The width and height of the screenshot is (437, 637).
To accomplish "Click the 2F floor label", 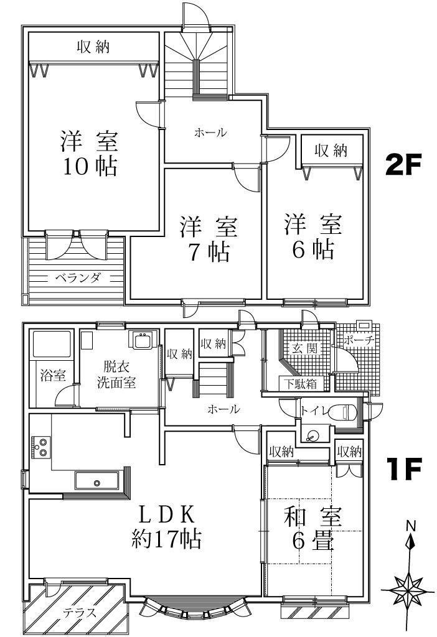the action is point(402,164).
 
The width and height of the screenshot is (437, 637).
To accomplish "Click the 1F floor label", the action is point(403,469).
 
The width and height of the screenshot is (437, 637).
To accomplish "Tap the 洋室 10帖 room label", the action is point(90,153).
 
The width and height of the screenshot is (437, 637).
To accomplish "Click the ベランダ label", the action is point(77,278).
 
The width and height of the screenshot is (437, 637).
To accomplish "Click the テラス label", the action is point(80,612).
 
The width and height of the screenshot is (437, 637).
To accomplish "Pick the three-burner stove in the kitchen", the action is point(41,447).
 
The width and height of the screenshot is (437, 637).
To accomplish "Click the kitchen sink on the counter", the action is point(96,482).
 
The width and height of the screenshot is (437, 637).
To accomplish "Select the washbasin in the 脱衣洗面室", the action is point(143,340).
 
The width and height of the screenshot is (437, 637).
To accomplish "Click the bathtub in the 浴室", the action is point(52,345).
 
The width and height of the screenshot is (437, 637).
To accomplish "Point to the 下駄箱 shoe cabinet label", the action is point(301,383).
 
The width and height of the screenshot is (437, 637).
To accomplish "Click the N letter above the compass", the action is point(411,526).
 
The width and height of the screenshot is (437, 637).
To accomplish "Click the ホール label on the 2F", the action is point(210,133).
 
